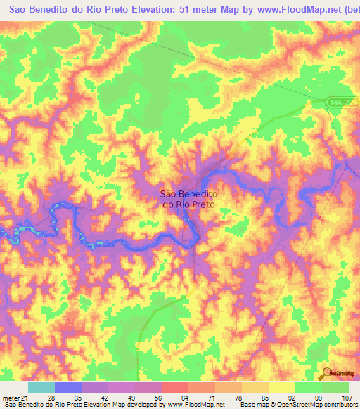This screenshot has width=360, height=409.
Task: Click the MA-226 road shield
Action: click(342, 103)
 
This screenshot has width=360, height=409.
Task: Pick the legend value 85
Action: click(255, 397)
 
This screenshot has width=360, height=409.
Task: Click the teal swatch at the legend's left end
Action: click(41, 387)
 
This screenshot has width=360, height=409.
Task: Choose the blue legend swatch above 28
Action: click(67, 387)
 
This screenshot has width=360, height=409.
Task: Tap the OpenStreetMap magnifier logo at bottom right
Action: click(326, 372)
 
